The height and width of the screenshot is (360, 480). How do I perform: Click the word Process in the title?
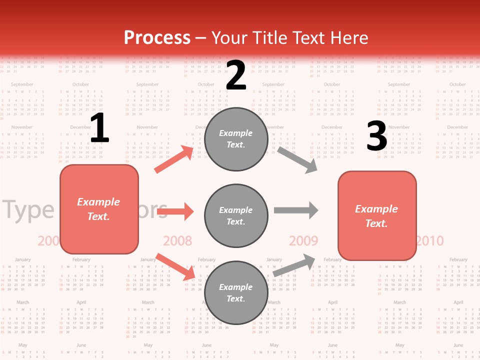pos(157,37)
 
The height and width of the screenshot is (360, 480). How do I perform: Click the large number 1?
pos(99,128)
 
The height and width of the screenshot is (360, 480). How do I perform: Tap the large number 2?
pos(236,75)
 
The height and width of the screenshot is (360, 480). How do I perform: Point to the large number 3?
pos(376,136)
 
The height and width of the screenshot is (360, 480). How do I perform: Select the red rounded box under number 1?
pos(99,209)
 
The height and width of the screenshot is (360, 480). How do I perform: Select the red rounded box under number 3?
pos(377,215)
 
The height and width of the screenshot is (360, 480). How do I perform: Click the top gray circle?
pos(236,139)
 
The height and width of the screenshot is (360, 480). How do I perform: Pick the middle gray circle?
pos(236,215)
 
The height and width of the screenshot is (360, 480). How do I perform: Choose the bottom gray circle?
pos(236,292)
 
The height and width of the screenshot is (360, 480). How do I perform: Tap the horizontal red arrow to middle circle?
pos(175,211)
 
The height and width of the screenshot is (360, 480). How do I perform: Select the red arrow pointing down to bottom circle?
pos(175,266)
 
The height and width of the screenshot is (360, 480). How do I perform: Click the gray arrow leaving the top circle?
pos(297,159)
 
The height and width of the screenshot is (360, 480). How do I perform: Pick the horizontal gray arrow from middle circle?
pos(296,210)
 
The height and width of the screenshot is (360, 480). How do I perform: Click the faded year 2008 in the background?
pos(177,240)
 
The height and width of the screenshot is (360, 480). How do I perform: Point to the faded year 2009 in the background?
pos(303,240)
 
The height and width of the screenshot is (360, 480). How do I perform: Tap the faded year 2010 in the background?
pos(430,240)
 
